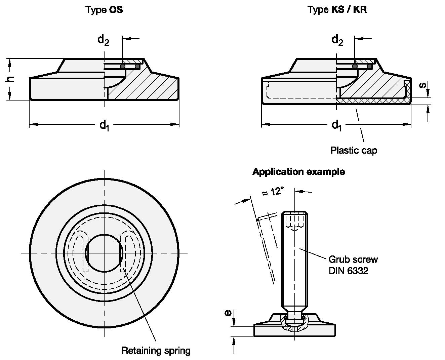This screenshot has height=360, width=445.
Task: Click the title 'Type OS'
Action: (104, 10)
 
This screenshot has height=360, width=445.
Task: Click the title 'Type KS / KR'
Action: (337, 10)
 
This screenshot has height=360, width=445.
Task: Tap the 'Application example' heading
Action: (298, 172)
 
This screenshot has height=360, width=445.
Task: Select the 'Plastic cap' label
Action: (354, 150)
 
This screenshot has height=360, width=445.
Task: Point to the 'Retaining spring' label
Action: (156, 351)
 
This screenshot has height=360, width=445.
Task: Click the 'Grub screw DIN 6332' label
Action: (353, 265)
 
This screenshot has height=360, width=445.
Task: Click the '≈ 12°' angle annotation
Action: (273, 192)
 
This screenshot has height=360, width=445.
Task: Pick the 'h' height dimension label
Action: (10, 79)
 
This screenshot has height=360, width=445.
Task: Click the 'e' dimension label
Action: (228, 313)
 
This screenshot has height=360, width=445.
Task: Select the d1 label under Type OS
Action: (104, 125)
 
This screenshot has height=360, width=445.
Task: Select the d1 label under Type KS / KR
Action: (337, 125)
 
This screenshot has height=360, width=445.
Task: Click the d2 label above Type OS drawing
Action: (103, 40)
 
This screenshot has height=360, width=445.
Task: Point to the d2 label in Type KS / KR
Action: (337, 40)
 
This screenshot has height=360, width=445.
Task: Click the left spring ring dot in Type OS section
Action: (123, 67)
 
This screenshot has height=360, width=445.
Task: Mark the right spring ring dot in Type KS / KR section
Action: (369, 67)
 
